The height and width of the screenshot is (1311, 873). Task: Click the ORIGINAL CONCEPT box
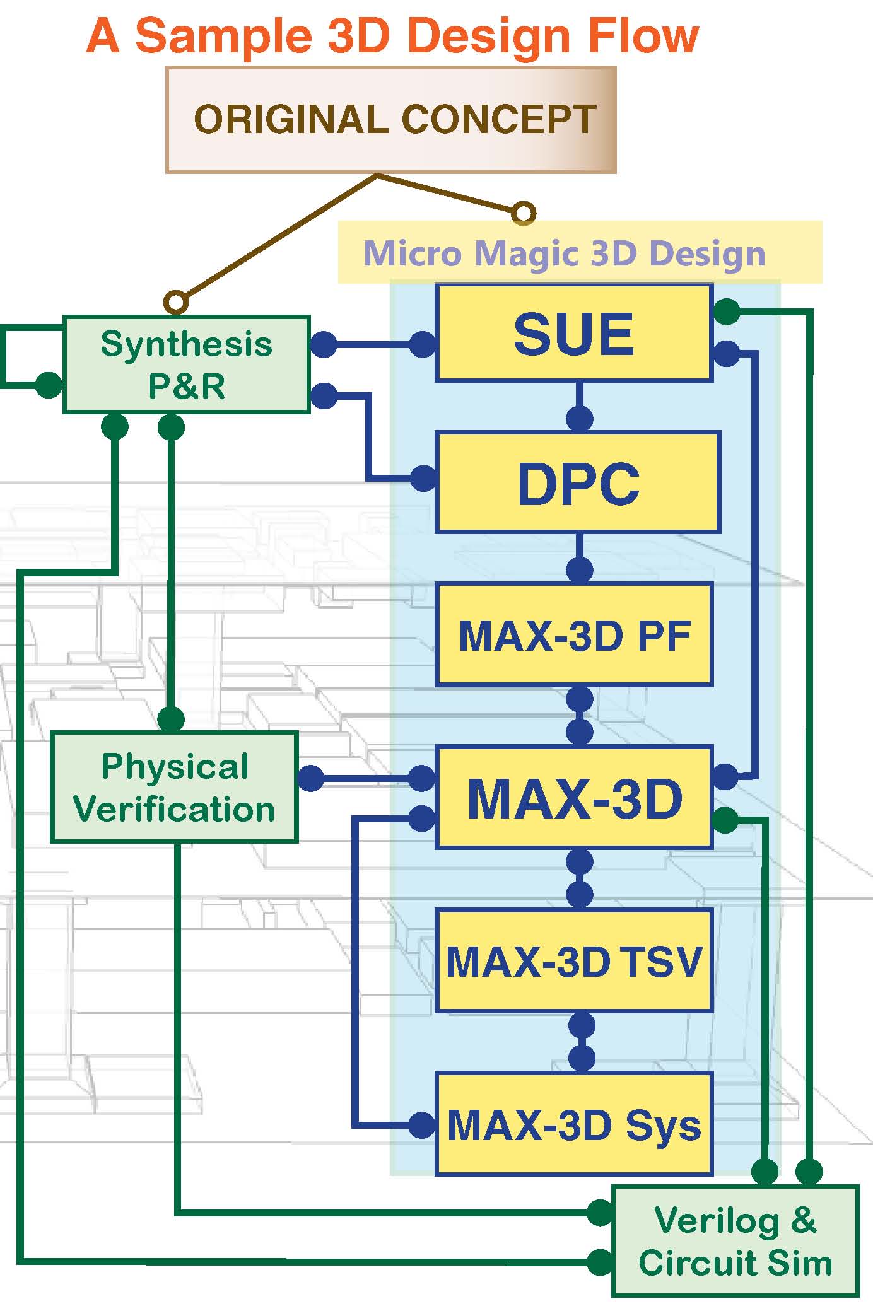click(x=390, y=119)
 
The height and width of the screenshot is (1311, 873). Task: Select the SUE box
click(x=574, y=333)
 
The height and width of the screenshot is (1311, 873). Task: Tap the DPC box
click(x=578, y=482)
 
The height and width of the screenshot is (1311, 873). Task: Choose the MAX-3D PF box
click(x=574, y=635)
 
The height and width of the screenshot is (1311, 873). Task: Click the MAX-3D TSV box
click(x=574, y=961)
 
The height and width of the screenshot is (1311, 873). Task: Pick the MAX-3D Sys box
click(x=574, y=1125)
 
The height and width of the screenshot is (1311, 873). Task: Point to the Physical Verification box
click(x=174, y=787)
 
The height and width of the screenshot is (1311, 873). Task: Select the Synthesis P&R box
click(x=187, y=364)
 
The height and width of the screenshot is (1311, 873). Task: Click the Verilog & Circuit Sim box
click(x=735, y=1240)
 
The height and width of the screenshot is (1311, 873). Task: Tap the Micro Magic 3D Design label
click(x=564, y=253)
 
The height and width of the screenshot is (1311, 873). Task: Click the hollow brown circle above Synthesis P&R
click(x=176, y=302)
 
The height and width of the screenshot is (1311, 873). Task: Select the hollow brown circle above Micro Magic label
click(x=523, y=213)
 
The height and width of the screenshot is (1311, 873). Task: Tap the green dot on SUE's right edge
click(x=727, y=312)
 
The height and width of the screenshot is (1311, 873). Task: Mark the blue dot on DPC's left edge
click(x=423, y=479)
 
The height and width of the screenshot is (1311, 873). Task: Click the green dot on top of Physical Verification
click(x=171, y=719)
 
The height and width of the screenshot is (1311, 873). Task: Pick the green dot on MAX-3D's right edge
click(x=725, y=820)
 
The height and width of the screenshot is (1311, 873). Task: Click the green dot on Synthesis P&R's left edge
click(x=49, y=385)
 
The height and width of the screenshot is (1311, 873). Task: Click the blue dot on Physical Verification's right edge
click(x=310, y=778)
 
